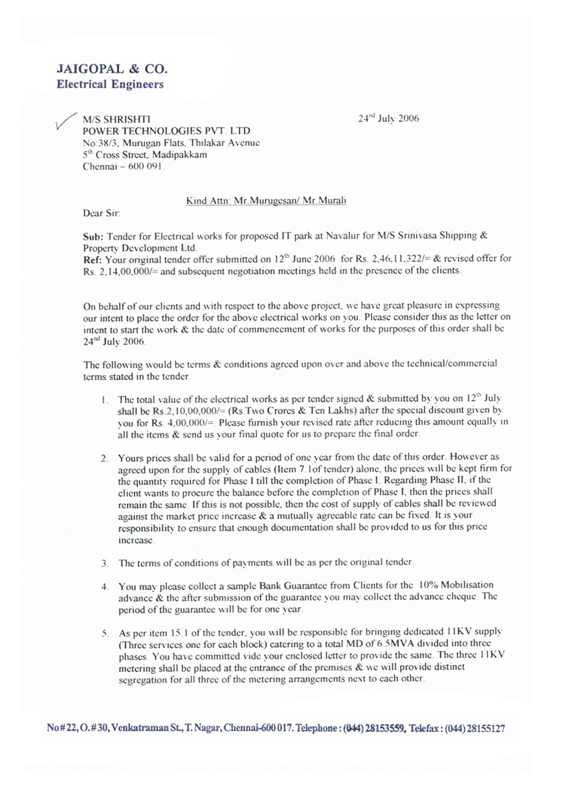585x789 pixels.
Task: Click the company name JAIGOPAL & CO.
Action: pyautogui.click(x=112, y=69)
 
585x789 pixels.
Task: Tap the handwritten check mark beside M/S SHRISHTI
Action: pyautogui.click(x=64, y=122)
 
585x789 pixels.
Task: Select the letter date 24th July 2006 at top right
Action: pyautogui.click(x=388, y=118)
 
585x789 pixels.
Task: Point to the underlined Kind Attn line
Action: pyautogui.click(x=266, y=201)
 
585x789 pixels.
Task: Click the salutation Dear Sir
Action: pyautogui.click(x=101, y=213)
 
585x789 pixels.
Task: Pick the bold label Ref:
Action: pyautogui.click(x=92, y=259)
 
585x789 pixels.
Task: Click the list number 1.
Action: pyautogui.click(x=104, y=400)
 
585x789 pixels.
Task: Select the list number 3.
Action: pyautogui.click(x=104, y=563)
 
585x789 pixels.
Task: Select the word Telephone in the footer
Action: pyautogui.click(x=316, y=729)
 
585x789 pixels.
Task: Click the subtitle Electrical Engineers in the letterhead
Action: pyautogui.click(x=110, y=84)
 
